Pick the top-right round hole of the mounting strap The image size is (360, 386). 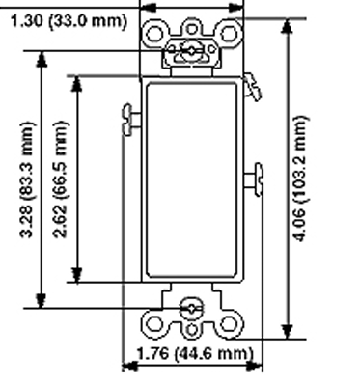tap(228, 34)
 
